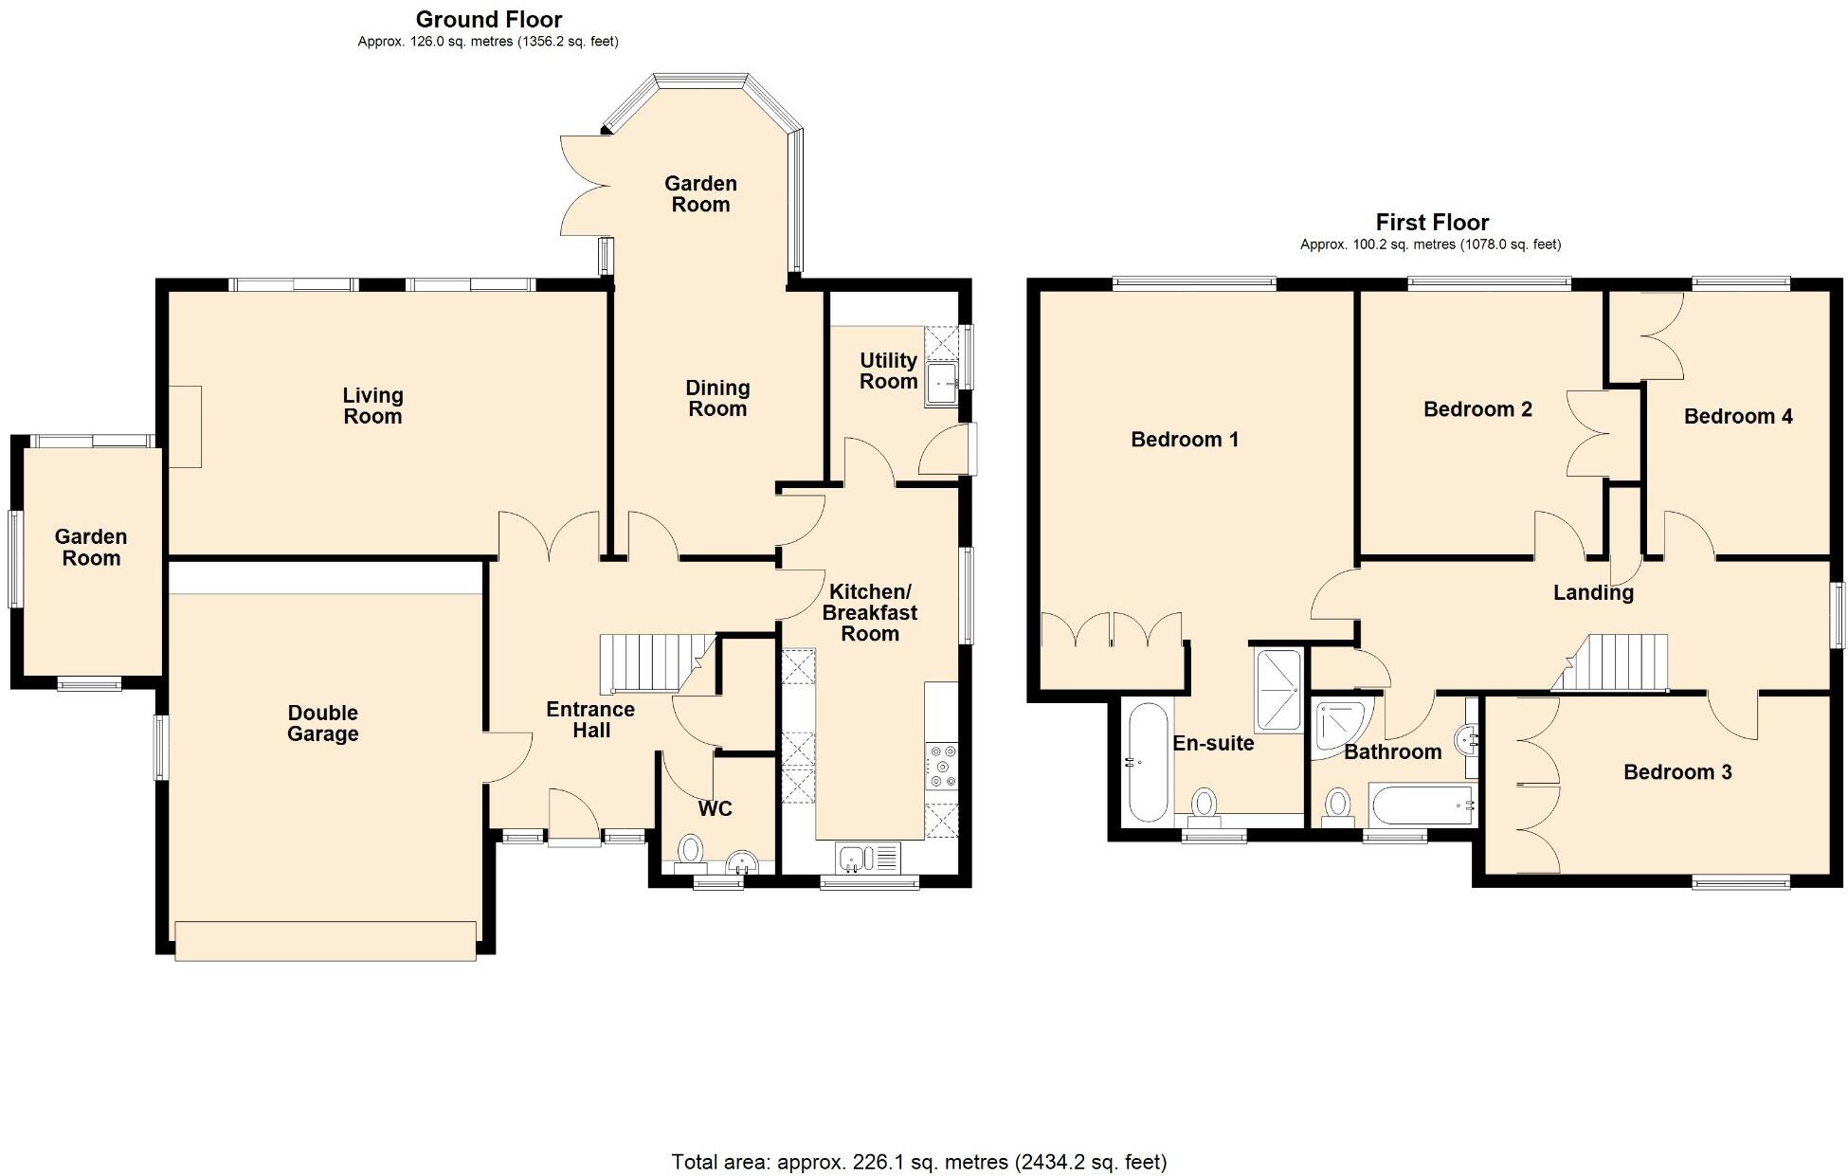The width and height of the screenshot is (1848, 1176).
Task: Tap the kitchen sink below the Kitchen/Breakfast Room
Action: coord(854,859)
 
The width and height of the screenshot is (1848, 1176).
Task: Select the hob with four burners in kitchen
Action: coord(942,767)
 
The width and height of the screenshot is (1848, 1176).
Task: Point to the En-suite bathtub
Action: coord(1148,763)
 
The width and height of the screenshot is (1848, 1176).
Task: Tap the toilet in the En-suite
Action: coord(1205,803)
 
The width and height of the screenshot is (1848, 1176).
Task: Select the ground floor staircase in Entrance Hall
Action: coord(650,664)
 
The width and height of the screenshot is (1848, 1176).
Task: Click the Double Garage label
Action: coord(322,723)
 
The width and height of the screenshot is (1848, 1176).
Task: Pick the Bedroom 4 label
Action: coord(1737,416)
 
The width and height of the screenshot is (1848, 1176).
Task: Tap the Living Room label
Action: coord(372,406)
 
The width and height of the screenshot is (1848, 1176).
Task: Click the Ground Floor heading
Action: coord(488,19)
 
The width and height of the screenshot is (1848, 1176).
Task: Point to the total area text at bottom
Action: coord(918,1161)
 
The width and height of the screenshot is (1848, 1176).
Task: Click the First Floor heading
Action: coord(1431,222)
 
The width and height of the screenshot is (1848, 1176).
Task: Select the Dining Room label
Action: coord(717,398)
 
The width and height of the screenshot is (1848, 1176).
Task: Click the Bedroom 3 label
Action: coord(1676,771)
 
